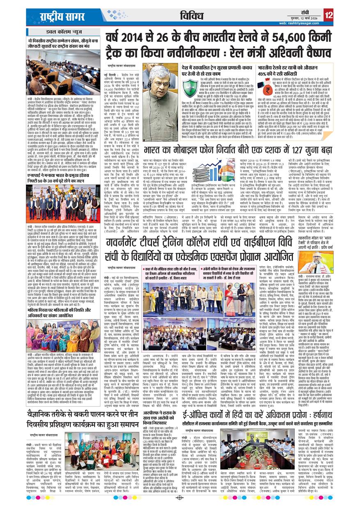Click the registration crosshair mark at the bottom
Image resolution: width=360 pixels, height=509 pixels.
click(179, 498)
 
